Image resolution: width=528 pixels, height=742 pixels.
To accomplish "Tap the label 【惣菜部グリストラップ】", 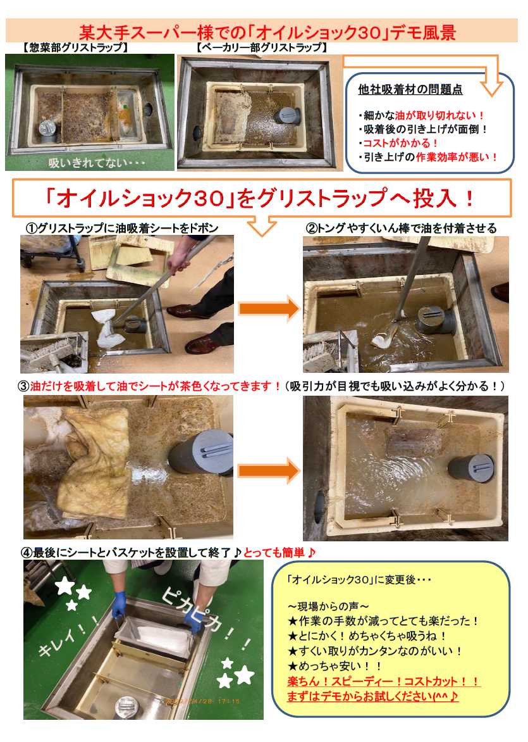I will (x=75, y=47).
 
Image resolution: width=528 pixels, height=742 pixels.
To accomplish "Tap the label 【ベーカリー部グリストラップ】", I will (x=261, y=47).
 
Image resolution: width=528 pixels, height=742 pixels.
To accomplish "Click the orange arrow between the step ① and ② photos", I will (x=268, y=309).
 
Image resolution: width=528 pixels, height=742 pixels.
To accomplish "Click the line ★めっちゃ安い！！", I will (x=335, y=666).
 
